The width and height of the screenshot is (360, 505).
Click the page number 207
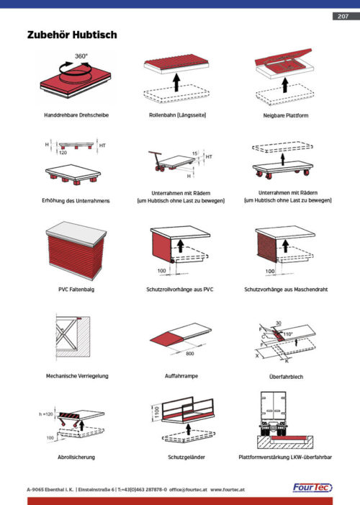pos(343,16)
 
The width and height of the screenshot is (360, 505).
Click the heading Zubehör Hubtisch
pos(72,35)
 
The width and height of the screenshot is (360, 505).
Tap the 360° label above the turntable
pos(81,56)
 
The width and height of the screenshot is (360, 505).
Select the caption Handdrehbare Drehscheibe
pos(76,115)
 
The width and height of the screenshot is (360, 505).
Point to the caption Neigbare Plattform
pos(286,115)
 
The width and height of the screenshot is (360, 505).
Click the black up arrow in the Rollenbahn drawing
pos(176,82)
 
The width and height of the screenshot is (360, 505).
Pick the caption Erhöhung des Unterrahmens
pos(76,201)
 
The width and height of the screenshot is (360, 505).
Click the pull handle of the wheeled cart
pos(156,158)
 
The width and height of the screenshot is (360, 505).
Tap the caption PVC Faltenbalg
pos(76,289)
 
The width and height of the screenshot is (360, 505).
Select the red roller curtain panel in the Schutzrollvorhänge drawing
pos(161,246)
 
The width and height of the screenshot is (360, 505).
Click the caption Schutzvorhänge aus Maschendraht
pos(286,289)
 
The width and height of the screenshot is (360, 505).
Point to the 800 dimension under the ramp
pos(190,354)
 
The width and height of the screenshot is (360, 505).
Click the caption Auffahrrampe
pos(181,376)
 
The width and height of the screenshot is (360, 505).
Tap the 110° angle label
pos(288,334)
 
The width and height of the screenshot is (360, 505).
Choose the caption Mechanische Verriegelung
pos(77,376)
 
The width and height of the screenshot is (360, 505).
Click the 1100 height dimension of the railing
pos(157,413)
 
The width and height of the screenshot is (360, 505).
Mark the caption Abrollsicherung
pos(76,457)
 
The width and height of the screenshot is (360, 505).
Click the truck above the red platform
pos(273,414)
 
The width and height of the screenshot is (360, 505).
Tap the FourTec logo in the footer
pos(312,488)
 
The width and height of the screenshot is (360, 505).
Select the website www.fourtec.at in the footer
pos(228,490)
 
